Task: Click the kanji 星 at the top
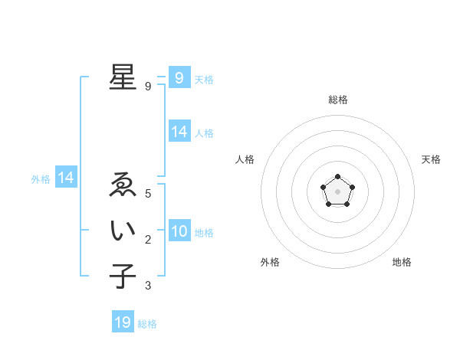(x=123, y=77)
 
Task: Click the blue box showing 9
(x=179, y=77)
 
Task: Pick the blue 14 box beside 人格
(x=179, y=132)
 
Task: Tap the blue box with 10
(x=179, y=231)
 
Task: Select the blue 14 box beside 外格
(x=66, y=178)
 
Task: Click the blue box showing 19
(x=123, y=322)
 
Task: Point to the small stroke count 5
(x=148, y=194)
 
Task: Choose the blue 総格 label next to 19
(x=147, y=324)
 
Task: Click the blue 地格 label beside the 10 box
(x=204, y=233)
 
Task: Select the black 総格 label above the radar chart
(x=337, y=100)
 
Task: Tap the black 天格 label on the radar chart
(x=431, y=159)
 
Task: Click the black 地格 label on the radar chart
(x=402, y=262)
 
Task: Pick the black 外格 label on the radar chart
(x=270, y=262)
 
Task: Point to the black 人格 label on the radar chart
(x=245, y=159)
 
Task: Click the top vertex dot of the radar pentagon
(x=337, y=177)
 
